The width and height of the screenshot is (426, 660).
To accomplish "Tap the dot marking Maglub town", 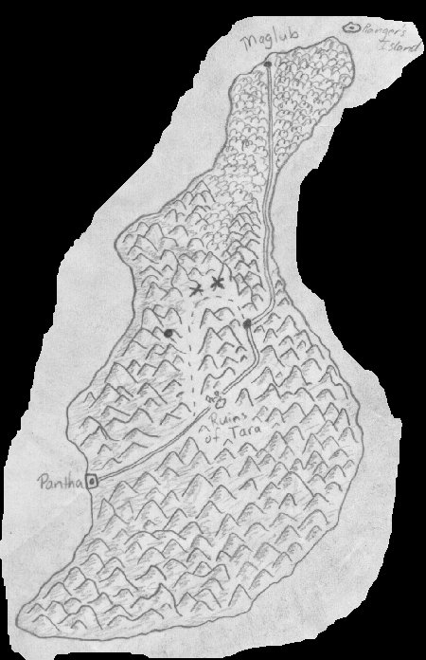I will pyautogui.click(x=268, y=64).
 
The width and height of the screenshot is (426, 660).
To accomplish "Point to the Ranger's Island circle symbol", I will pyautogui.click(x=352, y=28).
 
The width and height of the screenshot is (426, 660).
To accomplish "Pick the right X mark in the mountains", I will pyautogui.click(x=220, y=282).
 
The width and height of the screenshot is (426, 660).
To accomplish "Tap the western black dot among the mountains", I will pyautogui.click(x=169, y=333).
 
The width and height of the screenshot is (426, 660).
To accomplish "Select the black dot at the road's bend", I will pyautogui.click(x=247, y=324).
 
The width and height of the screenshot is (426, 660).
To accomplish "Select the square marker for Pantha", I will pyautogui.click(x=92, y=482).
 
